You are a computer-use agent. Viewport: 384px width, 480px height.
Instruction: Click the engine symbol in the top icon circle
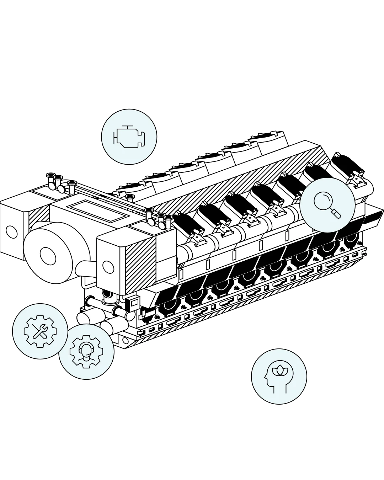point(129,136)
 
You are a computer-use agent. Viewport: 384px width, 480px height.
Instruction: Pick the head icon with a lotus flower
point(279,376)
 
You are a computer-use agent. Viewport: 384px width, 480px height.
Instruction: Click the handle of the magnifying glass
point(336,213)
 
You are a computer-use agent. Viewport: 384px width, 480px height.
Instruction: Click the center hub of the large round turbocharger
point(47,255)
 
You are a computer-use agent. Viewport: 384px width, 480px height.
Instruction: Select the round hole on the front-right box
point(107,266)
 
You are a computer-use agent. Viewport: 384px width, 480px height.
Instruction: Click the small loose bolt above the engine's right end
point(336,155)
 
